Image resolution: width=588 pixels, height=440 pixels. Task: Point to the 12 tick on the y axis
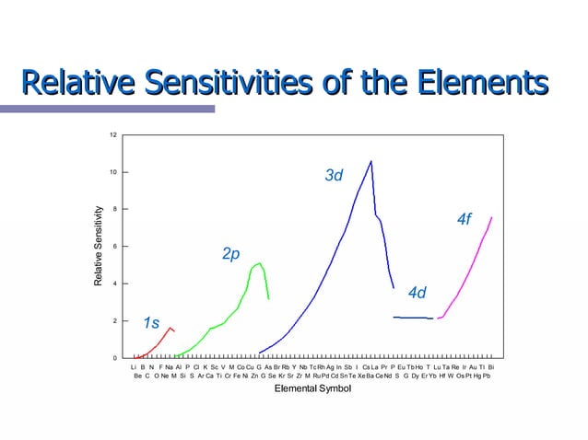[x=112, y=135]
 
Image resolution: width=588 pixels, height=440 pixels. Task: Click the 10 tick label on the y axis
[x=112, y=172]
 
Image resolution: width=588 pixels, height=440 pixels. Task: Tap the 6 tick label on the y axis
[x=113, y=247]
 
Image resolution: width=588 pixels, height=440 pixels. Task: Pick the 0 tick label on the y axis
[x=113, y=357]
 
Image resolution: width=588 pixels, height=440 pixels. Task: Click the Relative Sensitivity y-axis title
[x=98, y=246]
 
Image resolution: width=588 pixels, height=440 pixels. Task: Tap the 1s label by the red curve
[x=151, y=323]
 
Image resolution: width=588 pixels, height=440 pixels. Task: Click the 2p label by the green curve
[x=230, y=253]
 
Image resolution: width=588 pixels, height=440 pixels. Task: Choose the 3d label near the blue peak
[x=334, y=175]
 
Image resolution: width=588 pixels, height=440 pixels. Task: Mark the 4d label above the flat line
[x=417, y=293]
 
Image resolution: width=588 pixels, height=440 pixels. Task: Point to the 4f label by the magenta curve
[x=465, y=219]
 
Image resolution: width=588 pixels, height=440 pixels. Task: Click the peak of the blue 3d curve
[x=370, y=162]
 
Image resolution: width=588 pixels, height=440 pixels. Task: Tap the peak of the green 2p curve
[x=260, y=263]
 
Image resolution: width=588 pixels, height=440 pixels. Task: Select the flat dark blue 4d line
[x=412, y=318]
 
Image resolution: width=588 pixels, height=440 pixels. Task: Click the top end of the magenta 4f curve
[x=492, y=217]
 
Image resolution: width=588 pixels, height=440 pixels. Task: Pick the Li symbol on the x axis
[x=135, y=367]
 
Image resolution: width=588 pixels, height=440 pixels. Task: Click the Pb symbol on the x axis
[x=487, y=376]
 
